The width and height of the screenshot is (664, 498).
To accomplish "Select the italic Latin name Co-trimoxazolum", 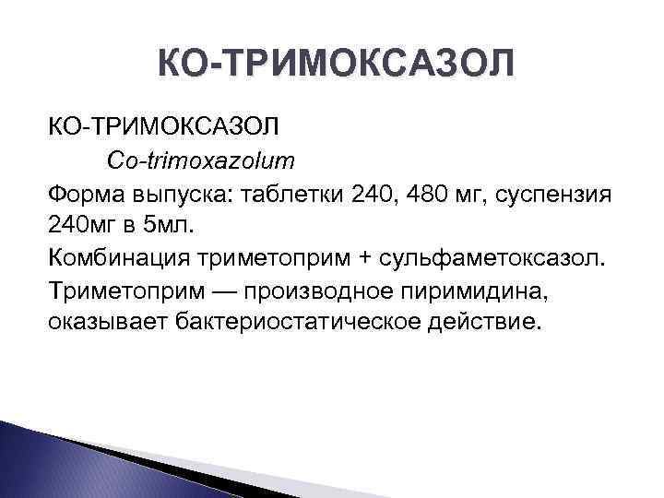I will coord(214,160).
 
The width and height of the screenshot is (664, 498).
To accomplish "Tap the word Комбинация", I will coord(119,256).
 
